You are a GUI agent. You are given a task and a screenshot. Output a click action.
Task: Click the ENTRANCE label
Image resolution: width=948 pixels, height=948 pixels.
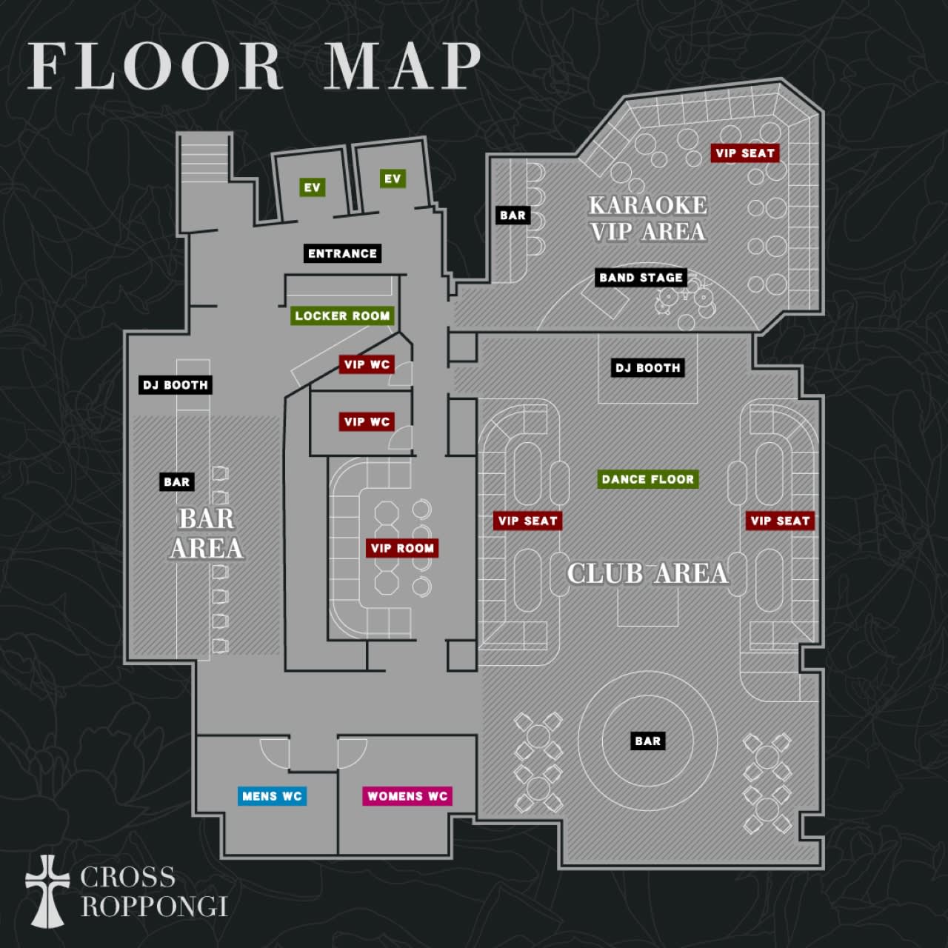pyautogui.click(x=342, y=253)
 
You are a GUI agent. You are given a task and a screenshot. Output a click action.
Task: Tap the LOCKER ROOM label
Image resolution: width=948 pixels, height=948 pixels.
pyautogui.click(x=342, y=316)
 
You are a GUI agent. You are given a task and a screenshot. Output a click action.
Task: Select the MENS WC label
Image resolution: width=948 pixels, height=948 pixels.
pyautogui.click(x=272, y=796)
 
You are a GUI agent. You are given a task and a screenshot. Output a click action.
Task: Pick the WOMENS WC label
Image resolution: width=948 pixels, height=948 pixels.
pyautogui.click(x=407, y=796)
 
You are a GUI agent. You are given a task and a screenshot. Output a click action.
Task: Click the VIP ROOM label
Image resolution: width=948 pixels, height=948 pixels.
pyautogui.click(x=402, y=548)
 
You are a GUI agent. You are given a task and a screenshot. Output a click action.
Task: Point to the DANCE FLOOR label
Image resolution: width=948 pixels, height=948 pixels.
pyautogui.click(x=648, y=479)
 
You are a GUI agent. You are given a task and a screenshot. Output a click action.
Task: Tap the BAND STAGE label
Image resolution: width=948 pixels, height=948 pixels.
pyautogui.click(x=641, y=278)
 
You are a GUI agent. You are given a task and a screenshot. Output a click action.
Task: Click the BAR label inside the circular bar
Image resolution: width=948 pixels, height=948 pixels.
pyautogui.click(x=648, y=741)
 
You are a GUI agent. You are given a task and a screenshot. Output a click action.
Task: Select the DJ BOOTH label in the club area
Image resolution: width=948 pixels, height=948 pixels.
pyautogui.click(x=648, y=368)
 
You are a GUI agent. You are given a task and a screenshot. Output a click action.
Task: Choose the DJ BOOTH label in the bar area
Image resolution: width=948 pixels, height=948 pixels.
pyautogui.click(x=176, y=384)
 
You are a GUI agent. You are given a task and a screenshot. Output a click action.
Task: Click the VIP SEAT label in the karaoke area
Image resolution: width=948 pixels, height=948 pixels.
pyautogui.click(x=745, y=153)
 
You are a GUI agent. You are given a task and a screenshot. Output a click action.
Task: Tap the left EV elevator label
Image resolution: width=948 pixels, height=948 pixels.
pyautogui.click(x=313, y=187)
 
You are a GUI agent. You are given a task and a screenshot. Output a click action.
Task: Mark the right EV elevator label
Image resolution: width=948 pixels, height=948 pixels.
pyautogui.click(x=393, y=178)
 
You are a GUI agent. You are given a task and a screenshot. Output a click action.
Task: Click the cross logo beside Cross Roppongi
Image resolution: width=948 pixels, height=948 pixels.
pyautogui.click(x=47, y=891)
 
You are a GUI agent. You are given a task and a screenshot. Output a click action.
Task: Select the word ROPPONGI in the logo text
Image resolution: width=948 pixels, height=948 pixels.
pyautogui.click(x=155, y=907)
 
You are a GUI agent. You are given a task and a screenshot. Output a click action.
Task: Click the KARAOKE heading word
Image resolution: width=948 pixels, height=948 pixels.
pyautogui.click(x=648, y=205)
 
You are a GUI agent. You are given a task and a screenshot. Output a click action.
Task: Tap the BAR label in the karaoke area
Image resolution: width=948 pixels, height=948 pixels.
pyautogui.click(x=513, y=215)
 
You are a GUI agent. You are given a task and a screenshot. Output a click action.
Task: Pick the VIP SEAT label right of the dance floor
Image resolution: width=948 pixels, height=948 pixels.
pyautogui.click(x=780, y=521)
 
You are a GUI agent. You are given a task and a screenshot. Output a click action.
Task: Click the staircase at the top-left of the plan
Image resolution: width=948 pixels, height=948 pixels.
pyautogui.click(x=204, y=158)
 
